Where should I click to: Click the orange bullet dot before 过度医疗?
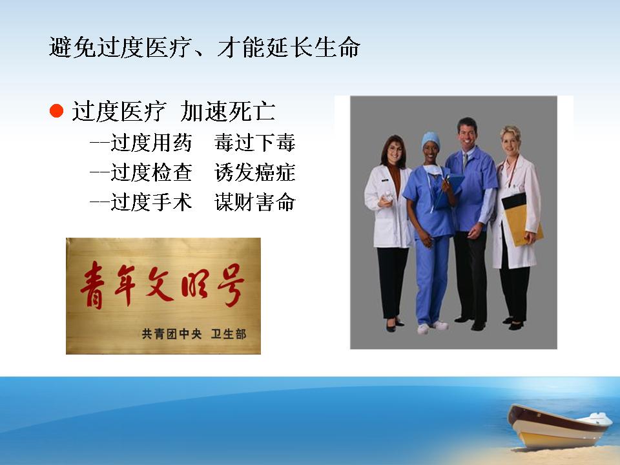57,111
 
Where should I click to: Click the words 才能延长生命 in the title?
289,47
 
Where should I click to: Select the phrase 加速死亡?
228,111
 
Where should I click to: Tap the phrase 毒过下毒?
255,143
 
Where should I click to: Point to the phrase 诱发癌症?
255,172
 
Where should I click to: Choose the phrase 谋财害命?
255,202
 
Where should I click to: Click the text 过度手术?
151,202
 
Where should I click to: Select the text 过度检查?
151,172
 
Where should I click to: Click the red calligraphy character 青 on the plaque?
93,285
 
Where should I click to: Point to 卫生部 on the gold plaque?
229,334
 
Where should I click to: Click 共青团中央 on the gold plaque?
172,334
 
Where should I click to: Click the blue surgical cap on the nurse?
430,139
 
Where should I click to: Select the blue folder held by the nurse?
449,191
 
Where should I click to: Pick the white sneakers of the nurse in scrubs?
433,327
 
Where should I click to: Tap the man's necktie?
465,161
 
